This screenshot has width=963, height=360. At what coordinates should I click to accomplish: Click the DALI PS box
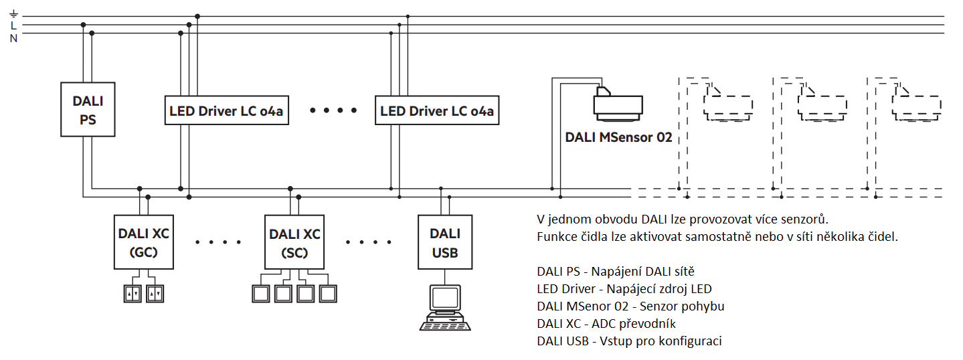click(x=88, y=110)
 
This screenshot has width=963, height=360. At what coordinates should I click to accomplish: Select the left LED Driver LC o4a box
click(x=226, y=111)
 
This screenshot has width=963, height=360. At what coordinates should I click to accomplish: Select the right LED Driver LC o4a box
click(x=437, y=111)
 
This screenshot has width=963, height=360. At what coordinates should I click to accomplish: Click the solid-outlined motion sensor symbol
click(x=618, y=104)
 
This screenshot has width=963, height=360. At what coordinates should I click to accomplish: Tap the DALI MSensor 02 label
click(x=618, y=138)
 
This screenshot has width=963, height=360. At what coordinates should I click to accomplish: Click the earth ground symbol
click(x=13, y=14)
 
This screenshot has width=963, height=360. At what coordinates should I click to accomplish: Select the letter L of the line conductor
click(x=13, y=25)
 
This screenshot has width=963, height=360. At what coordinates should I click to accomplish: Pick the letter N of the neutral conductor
click(x=13, y=37)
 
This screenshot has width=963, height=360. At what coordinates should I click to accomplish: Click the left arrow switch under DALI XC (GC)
click(x=133, y=294)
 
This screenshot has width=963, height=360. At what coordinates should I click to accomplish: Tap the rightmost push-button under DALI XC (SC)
click(x=328, y=293)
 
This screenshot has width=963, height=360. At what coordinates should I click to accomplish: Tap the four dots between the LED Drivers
click(x=333, y=111)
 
